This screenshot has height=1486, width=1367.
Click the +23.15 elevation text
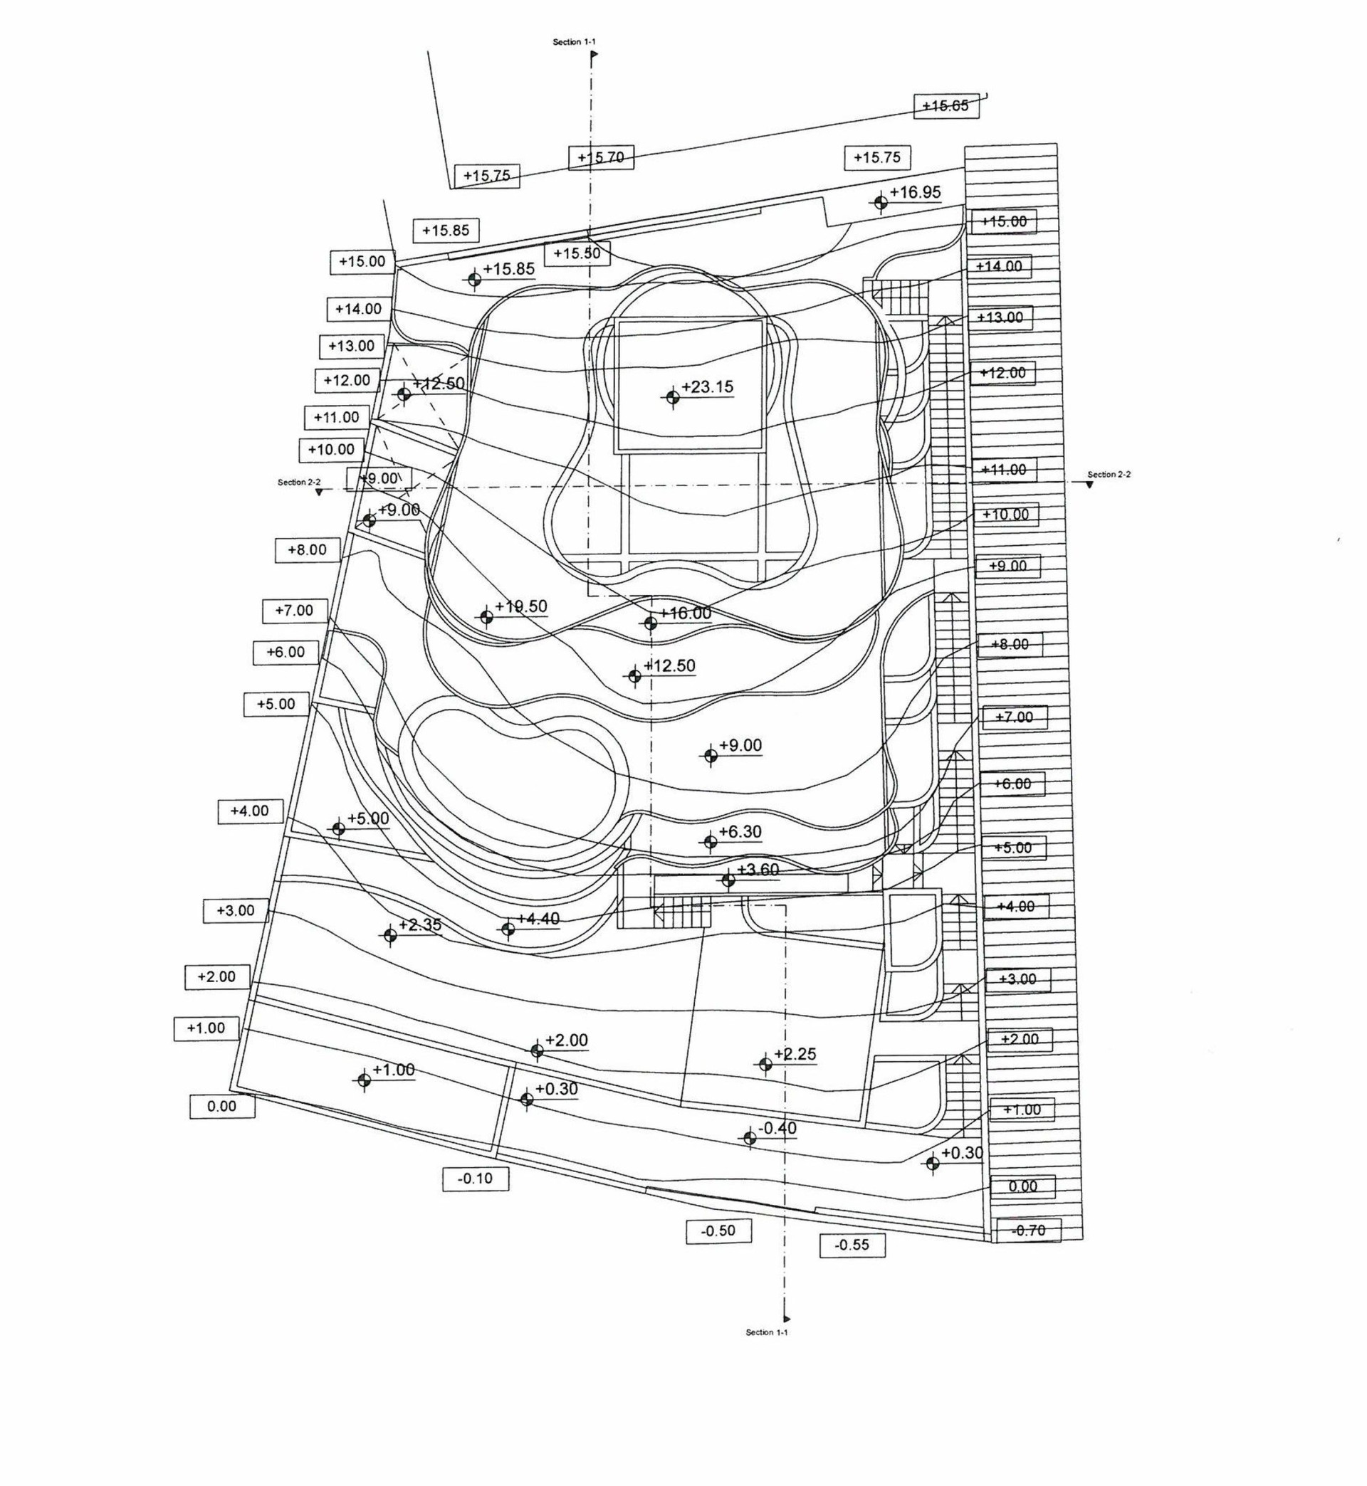pyautogui.click(x=707, y=386)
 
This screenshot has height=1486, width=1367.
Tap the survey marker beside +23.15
pyautogui.click(x=671, y=397)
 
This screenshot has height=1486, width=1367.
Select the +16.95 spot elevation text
pyautogui.click(x=915, y=192)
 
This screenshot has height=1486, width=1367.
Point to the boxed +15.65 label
pyautogui.click(x=947, y=106)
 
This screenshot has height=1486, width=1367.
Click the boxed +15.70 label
pyautogui.click(x=601, y=157)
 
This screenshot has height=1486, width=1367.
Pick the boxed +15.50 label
pyautogui.click(x=577, y=253)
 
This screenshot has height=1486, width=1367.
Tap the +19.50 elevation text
pyautogui.click(x=521, y=606)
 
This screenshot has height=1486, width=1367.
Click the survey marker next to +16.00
pyautogui.click(x=650, y=623)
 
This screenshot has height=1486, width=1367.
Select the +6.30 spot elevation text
pyautogui.click(x=740, y=832)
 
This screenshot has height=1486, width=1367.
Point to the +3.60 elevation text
pyautogui.click(x=758, y=870)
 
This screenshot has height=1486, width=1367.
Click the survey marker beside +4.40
pyautogui.click(x=508, y=929)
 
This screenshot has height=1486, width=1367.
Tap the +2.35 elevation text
pyautogui.click(x=420, y=925)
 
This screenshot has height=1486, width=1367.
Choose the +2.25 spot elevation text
pyautogui.click(x=795, y=1053)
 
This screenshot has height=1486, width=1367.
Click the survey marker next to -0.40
pyautogui.click(x=749, y=1138)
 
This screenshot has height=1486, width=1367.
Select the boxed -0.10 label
pyautogui.click(x=476, y=1179)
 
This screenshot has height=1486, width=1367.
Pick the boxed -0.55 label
pyautogui.click(x=852, y=1245)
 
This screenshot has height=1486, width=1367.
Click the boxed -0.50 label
pyautogui.click(x=718, y=1231)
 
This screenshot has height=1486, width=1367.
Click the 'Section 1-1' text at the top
pyautogui.click(x=574, y=42)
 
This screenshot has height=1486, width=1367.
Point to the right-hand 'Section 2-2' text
pyautogui.click(x=1109, y=475)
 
